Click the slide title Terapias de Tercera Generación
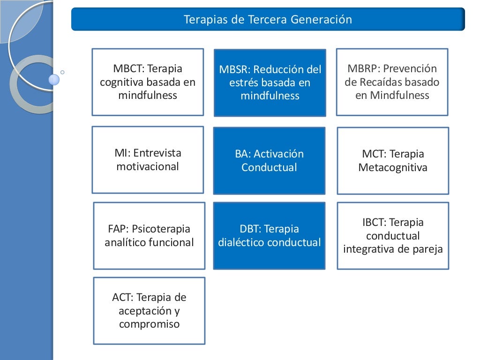(x=268, y=20)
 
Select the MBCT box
(x=148, y=82)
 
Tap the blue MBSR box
(x=270, y=82)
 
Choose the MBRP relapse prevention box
(x=392, y=82)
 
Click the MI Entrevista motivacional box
(x=148, y=160)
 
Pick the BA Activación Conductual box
(x=269, y=160)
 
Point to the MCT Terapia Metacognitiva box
(x=393, y=160)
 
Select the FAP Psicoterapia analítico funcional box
(x=149, y=235)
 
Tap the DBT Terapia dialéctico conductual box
(x=269, y=235)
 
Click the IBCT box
(x=393, y=235)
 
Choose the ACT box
(x=149, y=310)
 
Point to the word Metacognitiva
(x=393, y=167)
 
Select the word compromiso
(x=149, y=324)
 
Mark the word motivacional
(x=148, y=166)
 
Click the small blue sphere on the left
(x=54, y=79)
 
